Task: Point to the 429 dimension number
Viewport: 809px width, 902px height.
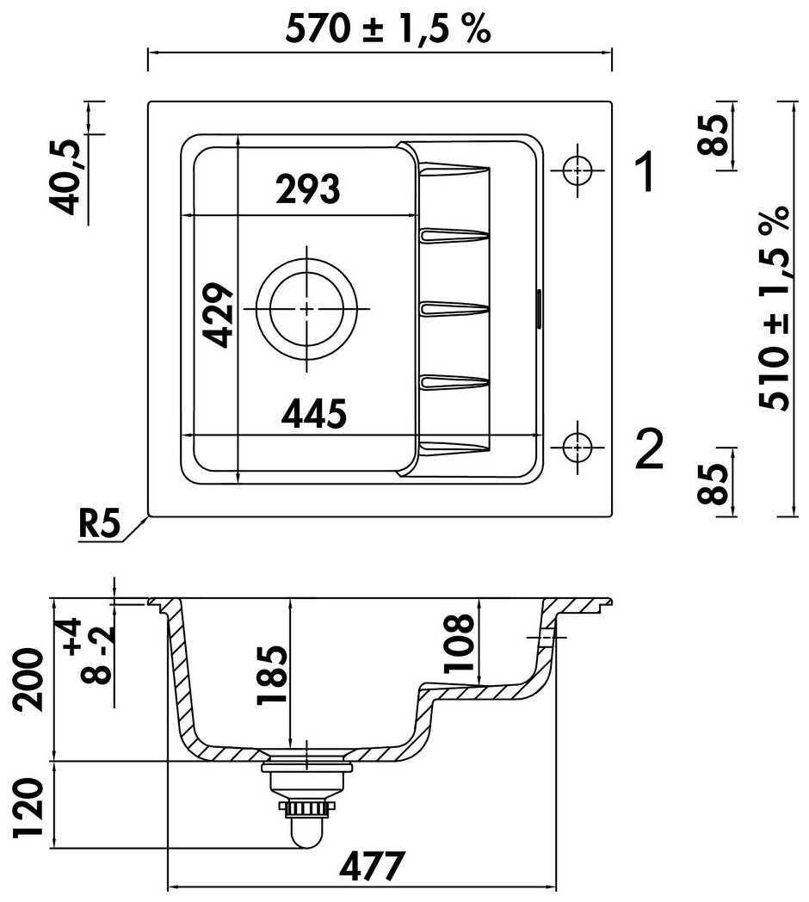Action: [219, 315]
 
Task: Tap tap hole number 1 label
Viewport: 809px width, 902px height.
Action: [645, 171]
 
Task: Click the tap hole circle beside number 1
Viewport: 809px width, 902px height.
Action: [577, 170]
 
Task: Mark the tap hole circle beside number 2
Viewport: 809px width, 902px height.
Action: [577, 447]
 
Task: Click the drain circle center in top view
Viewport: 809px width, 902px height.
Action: [307, 309]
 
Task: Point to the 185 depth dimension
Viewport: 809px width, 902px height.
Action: [272, 676]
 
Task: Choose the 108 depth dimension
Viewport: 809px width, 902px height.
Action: [459, 643]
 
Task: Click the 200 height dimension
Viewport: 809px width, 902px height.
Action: [28, 680]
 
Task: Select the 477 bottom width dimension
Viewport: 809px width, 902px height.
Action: [372, 867]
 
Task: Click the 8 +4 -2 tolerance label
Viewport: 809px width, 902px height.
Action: [90, 652]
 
